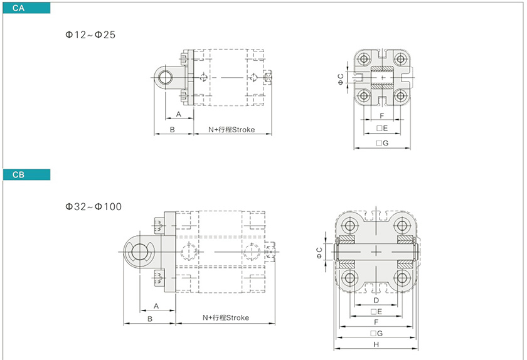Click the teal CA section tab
point(26,8)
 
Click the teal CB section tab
point(26,175)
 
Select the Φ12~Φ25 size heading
point(90,35)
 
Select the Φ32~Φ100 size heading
point(93,207)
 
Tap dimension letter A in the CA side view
point(178,114)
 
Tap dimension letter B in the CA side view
point(172,130)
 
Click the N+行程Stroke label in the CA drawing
point(232,130)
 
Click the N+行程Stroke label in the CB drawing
point(226,317)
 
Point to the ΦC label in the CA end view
point(341,79)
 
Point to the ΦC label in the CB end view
point(319,253)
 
